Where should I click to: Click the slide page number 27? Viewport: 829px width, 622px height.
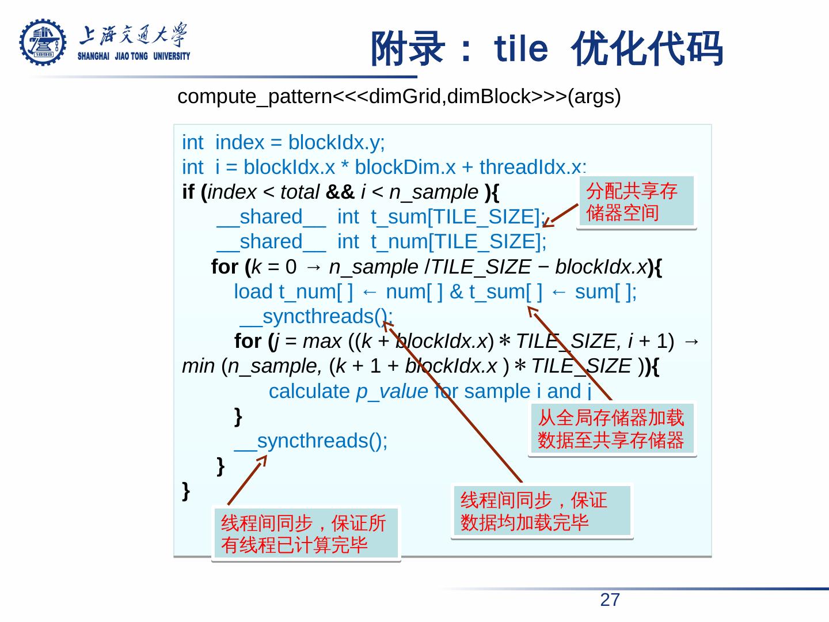click(x=610, y=600)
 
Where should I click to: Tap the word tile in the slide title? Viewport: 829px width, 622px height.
click(x=521, y=49)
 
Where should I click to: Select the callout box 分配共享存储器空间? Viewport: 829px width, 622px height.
click(x=636, y=202)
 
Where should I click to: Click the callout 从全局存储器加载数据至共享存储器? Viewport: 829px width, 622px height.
click(x=611, y=428)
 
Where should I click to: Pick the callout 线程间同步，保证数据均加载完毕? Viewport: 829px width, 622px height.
click(x=542, y=511)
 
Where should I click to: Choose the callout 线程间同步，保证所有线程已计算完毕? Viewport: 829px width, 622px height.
click(x=305, y=533)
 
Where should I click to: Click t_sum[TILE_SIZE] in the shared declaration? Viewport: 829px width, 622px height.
click(x=455, y=217)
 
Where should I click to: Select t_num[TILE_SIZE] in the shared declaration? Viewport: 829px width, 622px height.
click(x=457, y=242)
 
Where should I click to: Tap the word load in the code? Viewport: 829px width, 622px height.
click(x=253, y=292)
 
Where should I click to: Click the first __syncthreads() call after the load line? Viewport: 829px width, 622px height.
click(x=315, y=317)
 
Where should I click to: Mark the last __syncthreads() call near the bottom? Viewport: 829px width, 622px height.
click(x=310, y=441)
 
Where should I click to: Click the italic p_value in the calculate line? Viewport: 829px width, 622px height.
click(x=391, y=391)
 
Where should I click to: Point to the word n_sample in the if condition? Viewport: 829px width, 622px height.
click(x=433, y=192)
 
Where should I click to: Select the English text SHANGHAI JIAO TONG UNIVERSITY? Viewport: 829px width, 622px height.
click(x=134, y=56)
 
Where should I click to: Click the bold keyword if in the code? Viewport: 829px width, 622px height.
click(x=188, y=192)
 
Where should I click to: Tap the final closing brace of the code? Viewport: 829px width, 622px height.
click(x=186, y=491)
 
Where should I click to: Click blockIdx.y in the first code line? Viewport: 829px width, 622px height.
click(x=336, y=142)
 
